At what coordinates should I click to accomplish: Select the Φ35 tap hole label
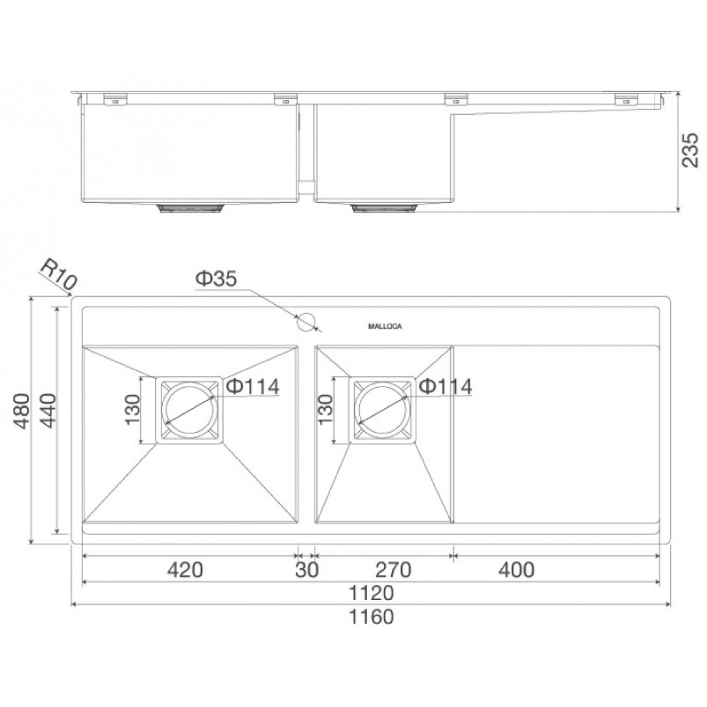pos(216,279)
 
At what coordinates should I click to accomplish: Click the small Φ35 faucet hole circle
pos(306,322)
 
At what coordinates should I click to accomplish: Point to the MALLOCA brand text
pos(385,326)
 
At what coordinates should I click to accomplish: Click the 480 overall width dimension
pos(22,411)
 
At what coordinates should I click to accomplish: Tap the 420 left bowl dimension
pos(185,569)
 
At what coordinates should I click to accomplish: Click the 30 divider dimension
pos(307,569)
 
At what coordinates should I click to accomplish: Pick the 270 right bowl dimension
pos(393,569)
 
